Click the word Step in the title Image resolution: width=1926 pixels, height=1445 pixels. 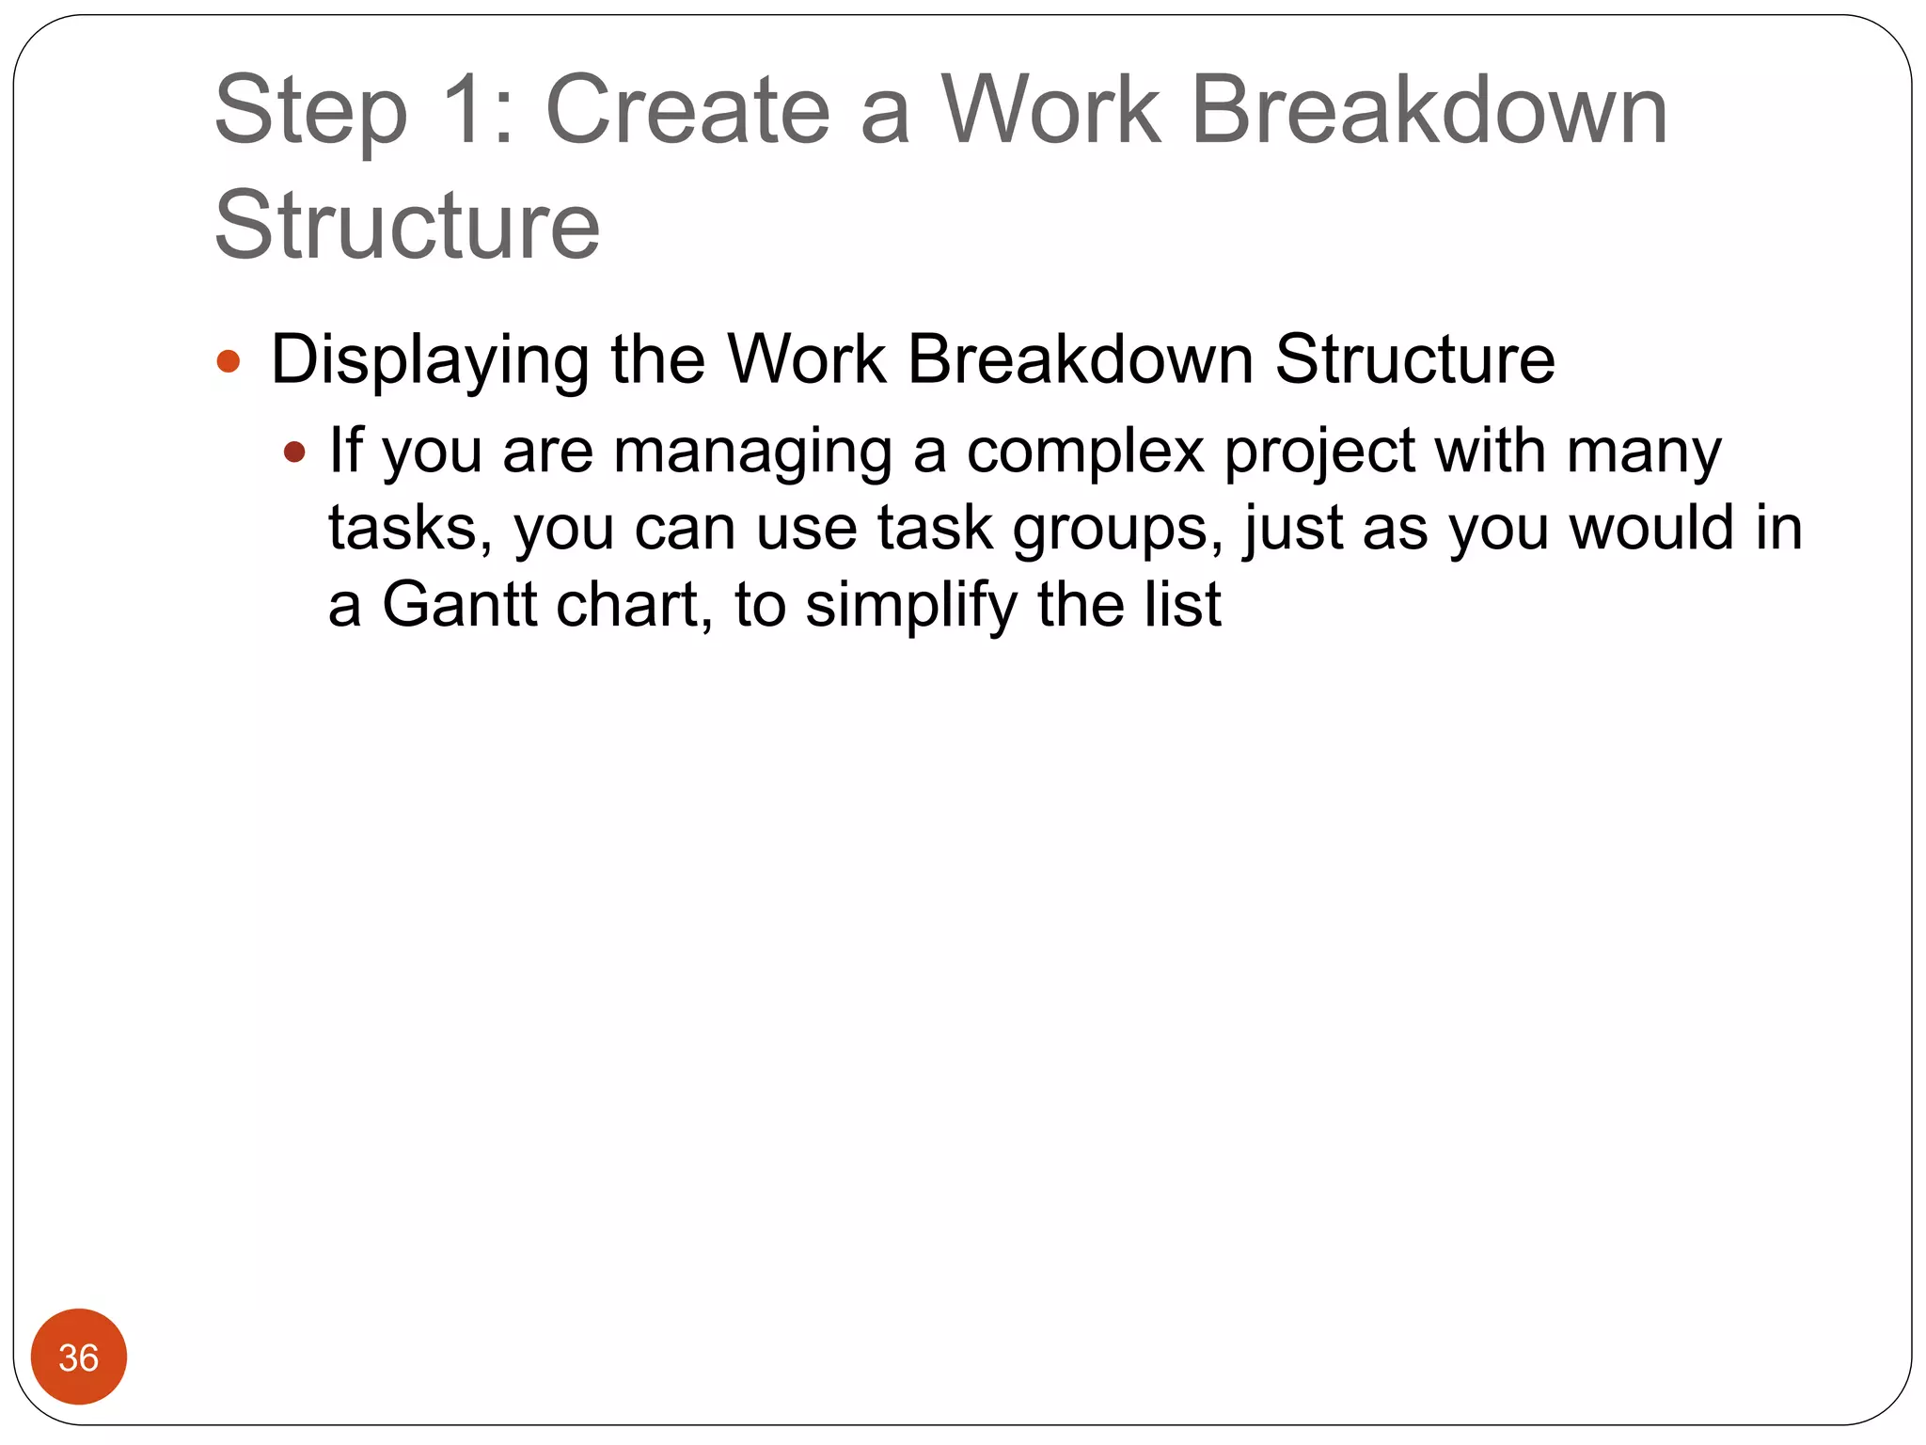311,113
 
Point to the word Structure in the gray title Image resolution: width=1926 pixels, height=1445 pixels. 407,226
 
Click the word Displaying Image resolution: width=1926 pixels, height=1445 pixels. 430,361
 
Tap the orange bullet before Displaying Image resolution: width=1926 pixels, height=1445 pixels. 229,361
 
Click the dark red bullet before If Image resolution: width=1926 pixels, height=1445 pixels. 294,453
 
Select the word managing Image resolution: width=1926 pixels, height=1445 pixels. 751,453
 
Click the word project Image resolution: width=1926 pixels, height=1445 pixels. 1318,453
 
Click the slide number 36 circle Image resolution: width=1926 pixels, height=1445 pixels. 79,1357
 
